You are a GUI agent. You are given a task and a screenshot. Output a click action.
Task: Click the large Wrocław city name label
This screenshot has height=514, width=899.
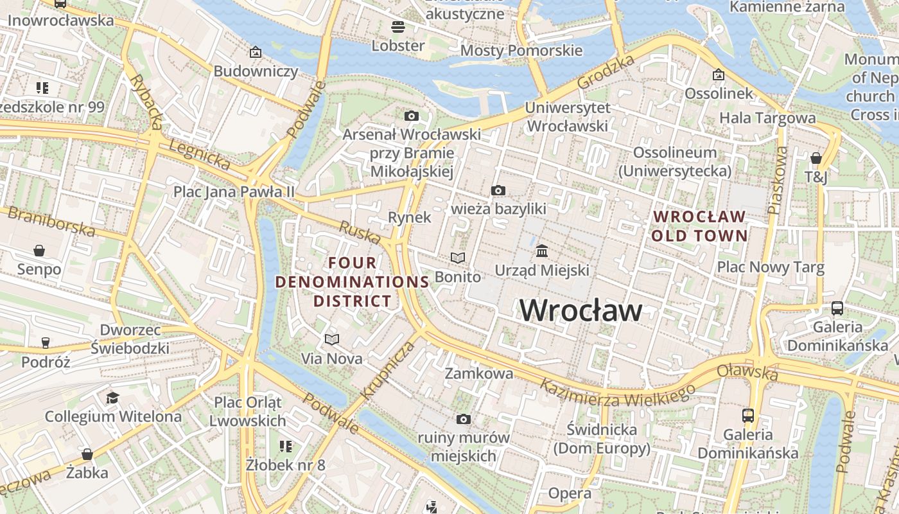580,311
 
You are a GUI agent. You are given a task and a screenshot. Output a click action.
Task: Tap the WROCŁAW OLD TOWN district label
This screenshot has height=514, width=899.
699,226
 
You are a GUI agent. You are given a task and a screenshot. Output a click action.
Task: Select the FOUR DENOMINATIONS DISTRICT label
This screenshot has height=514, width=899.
353,281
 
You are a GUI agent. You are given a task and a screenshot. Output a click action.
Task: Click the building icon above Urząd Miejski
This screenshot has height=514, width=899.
541,250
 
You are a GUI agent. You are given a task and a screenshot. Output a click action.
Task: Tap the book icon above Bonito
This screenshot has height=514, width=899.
457,258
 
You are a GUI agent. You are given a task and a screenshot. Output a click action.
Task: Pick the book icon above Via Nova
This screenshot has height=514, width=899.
331,339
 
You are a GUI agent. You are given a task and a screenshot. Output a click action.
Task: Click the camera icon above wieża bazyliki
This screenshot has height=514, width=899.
498,190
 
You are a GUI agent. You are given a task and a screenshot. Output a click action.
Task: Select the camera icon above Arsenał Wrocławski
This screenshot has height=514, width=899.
412,116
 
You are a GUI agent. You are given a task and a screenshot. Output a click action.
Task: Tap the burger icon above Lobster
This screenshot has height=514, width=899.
398,27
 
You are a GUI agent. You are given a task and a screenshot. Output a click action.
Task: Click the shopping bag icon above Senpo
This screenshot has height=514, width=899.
39,250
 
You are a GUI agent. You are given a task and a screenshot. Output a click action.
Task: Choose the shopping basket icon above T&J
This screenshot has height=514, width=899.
816,157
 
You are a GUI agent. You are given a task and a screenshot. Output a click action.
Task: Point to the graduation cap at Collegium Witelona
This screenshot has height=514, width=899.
113,398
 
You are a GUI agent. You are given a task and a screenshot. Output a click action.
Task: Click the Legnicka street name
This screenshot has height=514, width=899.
199,155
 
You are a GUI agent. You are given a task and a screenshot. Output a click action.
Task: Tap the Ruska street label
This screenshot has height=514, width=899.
360,232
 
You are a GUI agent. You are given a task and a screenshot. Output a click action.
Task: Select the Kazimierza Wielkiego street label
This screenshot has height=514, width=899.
617,394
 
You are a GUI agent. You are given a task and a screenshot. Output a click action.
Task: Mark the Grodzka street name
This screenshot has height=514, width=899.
606,72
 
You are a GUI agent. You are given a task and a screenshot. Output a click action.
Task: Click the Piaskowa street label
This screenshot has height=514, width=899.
777,181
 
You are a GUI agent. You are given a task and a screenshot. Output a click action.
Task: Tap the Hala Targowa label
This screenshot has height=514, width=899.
767,118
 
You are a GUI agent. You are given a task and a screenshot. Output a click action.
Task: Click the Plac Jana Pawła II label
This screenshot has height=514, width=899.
234,191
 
